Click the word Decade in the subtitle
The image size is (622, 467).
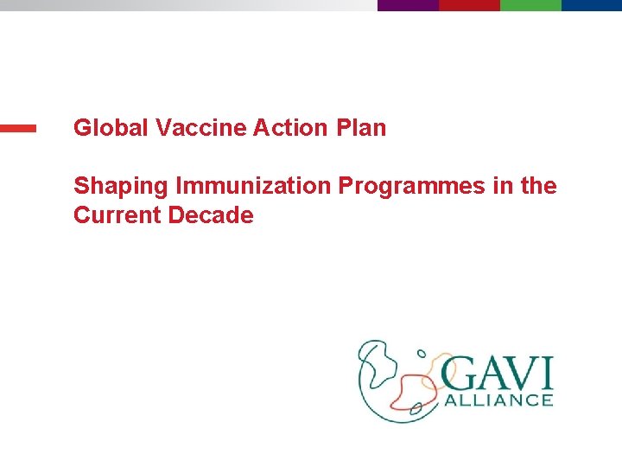click(212, 215)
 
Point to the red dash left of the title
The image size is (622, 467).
click(18, 128)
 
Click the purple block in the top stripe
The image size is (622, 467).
click(408, 4)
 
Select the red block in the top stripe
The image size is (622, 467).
click(469, 4)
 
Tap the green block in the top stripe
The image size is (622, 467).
click(530, 4)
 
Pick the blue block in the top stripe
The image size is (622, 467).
click(592, 4)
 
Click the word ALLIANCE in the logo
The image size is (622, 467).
click(498, 400)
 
